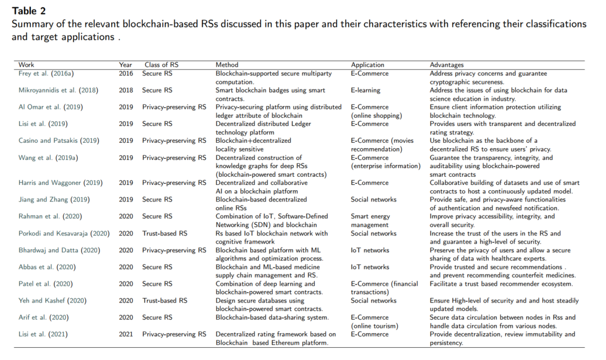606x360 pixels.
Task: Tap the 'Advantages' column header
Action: click(x=446, y=65)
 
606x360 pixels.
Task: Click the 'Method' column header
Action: click(x=227, y=65)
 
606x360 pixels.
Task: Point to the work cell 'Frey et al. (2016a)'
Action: click(x=47, y=74)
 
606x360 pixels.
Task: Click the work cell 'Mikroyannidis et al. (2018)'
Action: click(x=58, y=91)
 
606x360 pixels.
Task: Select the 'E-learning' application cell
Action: click(x=366, y=91)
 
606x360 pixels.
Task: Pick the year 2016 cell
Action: click(x=126, y=74)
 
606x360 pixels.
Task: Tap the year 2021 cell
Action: click(x=126, y=335)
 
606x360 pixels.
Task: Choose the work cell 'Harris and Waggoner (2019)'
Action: click(x=61, y=183)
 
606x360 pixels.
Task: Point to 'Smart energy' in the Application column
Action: click(x=370, y=217)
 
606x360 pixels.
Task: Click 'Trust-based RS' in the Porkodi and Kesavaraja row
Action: click(x=164, y=234)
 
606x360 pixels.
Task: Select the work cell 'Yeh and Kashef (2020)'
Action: click(x=51, y=301)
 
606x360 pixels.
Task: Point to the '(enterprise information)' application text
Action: click(x=386, y=166)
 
